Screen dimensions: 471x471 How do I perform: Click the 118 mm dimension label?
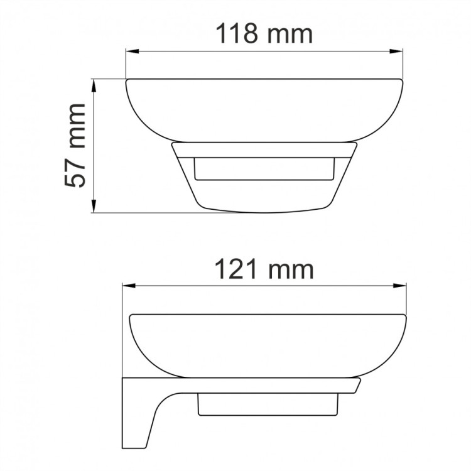(264, 33)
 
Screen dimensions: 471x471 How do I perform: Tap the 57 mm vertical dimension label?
(77, 146)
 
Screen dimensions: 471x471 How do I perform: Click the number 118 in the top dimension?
(237, 33)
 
